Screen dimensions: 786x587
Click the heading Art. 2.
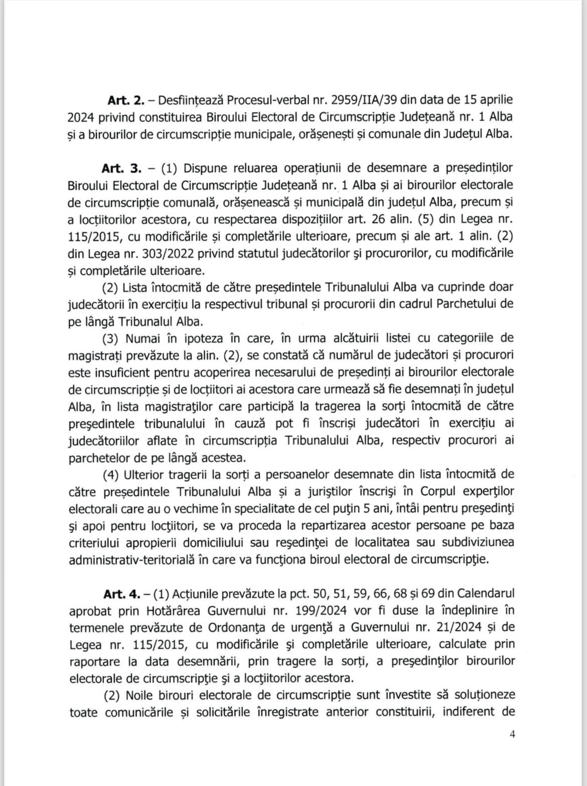(x=126, y=99)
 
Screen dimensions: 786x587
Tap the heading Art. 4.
(x=122, y=594)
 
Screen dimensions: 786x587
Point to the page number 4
(x=512, y=735)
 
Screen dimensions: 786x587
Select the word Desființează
(x=191, y=99)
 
